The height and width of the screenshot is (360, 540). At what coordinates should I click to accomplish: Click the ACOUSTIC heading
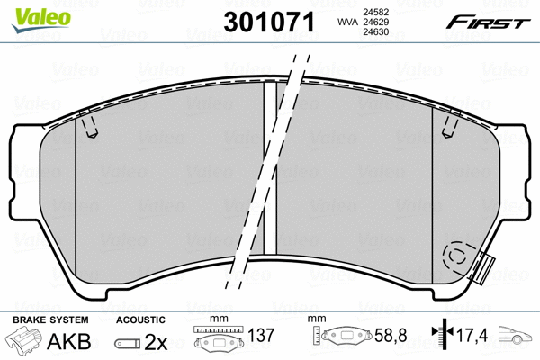141,319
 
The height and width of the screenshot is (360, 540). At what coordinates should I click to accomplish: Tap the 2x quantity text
157,342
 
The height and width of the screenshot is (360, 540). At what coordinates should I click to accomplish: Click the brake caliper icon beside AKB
24,342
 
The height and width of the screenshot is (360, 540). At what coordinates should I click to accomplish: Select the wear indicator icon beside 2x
127,343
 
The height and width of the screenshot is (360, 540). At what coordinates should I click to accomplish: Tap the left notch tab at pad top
87,128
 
